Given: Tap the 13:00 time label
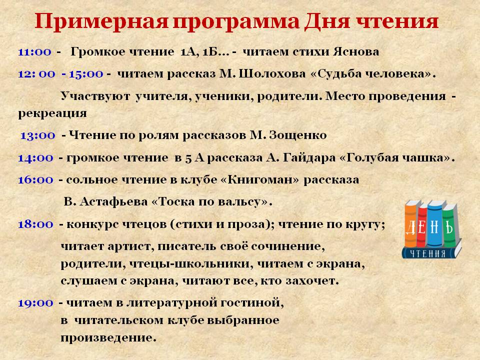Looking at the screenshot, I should pos(37,135).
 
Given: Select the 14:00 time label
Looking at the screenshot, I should pos(35,158).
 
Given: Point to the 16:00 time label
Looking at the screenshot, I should pos(35,180).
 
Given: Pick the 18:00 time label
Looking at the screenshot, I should pos(35,225).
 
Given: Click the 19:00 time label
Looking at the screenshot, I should pos(35,302).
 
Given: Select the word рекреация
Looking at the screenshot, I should pos(52,113).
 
